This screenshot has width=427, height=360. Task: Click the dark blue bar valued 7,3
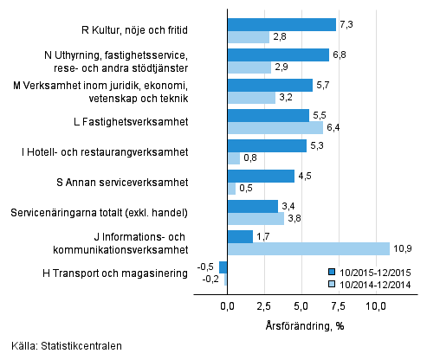click(x=281, y=24)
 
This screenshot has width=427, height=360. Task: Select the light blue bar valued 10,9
click(x=307, y=249)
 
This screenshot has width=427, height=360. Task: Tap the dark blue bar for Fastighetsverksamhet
click(x=268, y=115)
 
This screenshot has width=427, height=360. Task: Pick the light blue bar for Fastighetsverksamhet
click(x=274, y=127)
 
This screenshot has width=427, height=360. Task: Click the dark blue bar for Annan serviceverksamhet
click(x=260, y=176)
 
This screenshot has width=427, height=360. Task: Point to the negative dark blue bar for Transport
click(x=223, y=267)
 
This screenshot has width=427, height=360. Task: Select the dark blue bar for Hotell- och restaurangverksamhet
click(x=266, y=145)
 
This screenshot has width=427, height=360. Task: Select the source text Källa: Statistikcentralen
click(x=61, y=346)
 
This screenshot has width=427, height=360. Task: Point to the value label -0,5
click(x=207, y=267)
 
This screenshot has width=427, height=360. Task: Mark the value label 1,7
click(x=264, y=236)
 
